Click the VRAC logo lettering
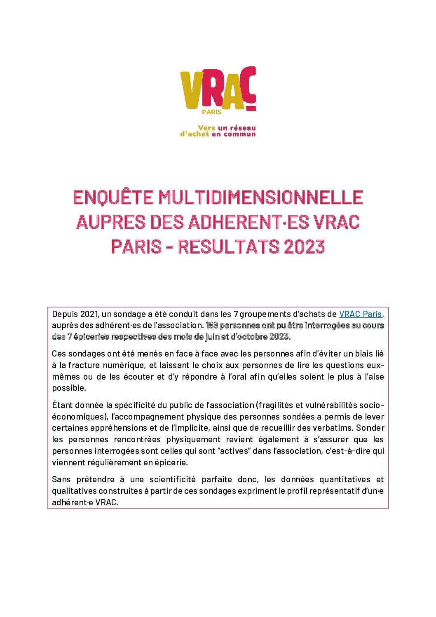[218, 89]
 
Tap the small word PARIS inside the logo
[211, 112]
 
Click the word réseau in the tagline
[243, 128]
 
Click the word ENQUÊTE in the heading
[113, 197]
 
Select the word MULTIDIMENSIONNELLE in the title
[260, 197]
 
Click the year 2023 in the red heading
[304, 247]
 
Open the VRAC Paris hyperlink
[360, 314]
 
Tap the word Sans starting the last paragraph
[61, 479]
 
